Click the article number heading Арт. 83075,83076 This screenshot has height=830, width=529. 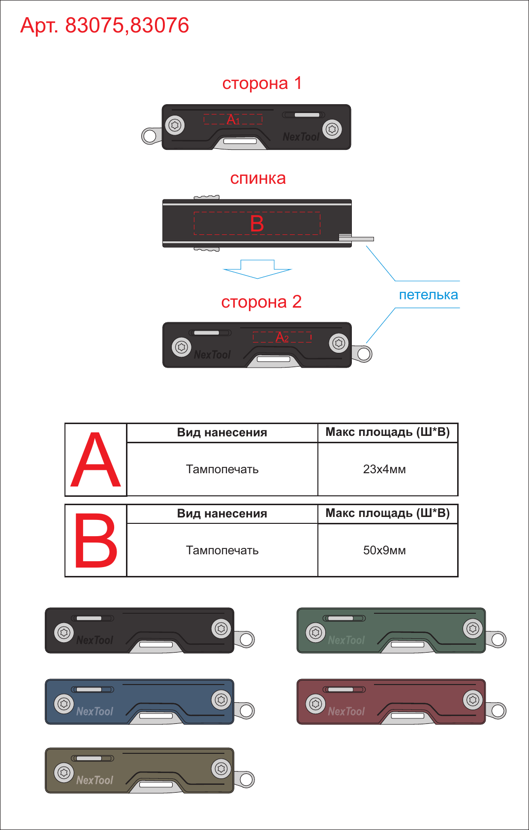click(105, 26)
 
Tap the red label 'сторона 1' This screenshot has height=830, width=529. click(262, 84)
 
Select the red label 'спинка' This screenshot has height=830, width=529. click(258, 179)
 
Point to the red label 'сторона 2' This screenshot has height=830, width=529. click(261, 302)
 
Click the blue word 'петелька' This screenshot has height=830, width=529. click(429, 295)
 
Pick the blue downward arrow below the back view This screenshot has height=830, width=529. click(257, 269)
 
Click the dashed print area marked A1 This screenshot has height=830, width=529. click(233, 119)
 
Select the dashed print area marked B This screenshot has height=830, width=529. click(257, 224)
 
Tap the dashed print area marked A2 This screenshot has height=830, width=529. click(282, 337)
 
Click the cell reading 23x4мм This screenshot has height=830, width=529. click(384, 469)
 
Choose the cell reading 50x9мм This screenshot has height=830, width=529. click(384, 550)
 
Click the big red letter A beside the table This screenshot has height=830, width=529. click(95, 459)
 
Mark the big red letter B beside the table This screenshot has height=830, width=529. click(95, 541)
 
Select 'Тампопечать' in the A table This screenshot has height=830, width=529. click(222, 469)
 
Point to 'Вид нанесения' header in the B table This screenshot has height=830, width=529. click(222, 514)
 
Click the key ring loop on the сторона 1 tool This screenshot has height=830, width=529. click(150, 136)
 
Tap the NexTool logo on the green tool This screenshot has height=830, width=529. click(346, 640)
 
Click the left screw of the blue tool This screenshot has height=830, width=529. click(64, 704)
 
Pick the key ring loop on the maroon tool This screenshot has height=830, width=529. click(496, 711)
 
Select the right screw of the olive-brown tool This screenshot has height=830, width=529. click(221, 769)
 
